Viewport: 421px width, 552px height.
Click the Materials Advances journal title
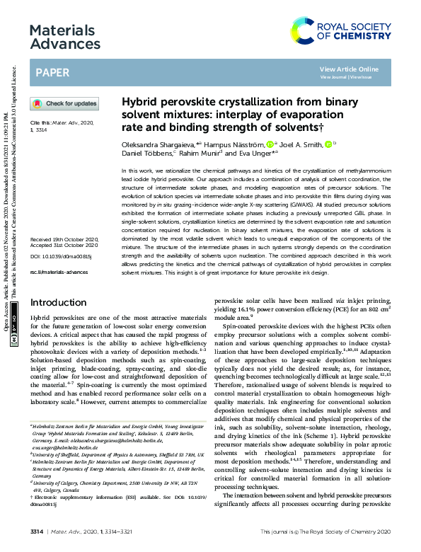(x=62, y=37)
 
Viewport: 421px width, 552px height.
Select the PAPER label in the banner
(x=52, y=72)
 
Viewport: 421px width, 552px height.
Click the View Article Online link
(x=349, y=69)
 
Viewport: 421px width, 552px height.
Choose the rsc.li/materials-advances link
(x=58, y=272)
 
